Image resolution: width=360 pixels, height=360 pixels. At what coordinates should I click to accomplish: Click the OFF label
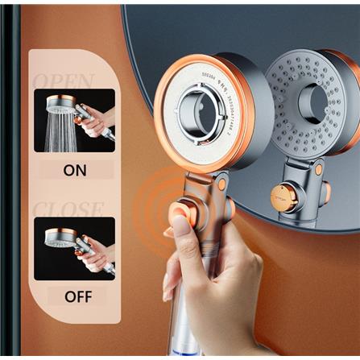[79, 296]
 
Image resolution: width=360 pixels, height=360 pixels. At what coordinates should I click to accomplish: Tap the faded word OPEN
[64, 81]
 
